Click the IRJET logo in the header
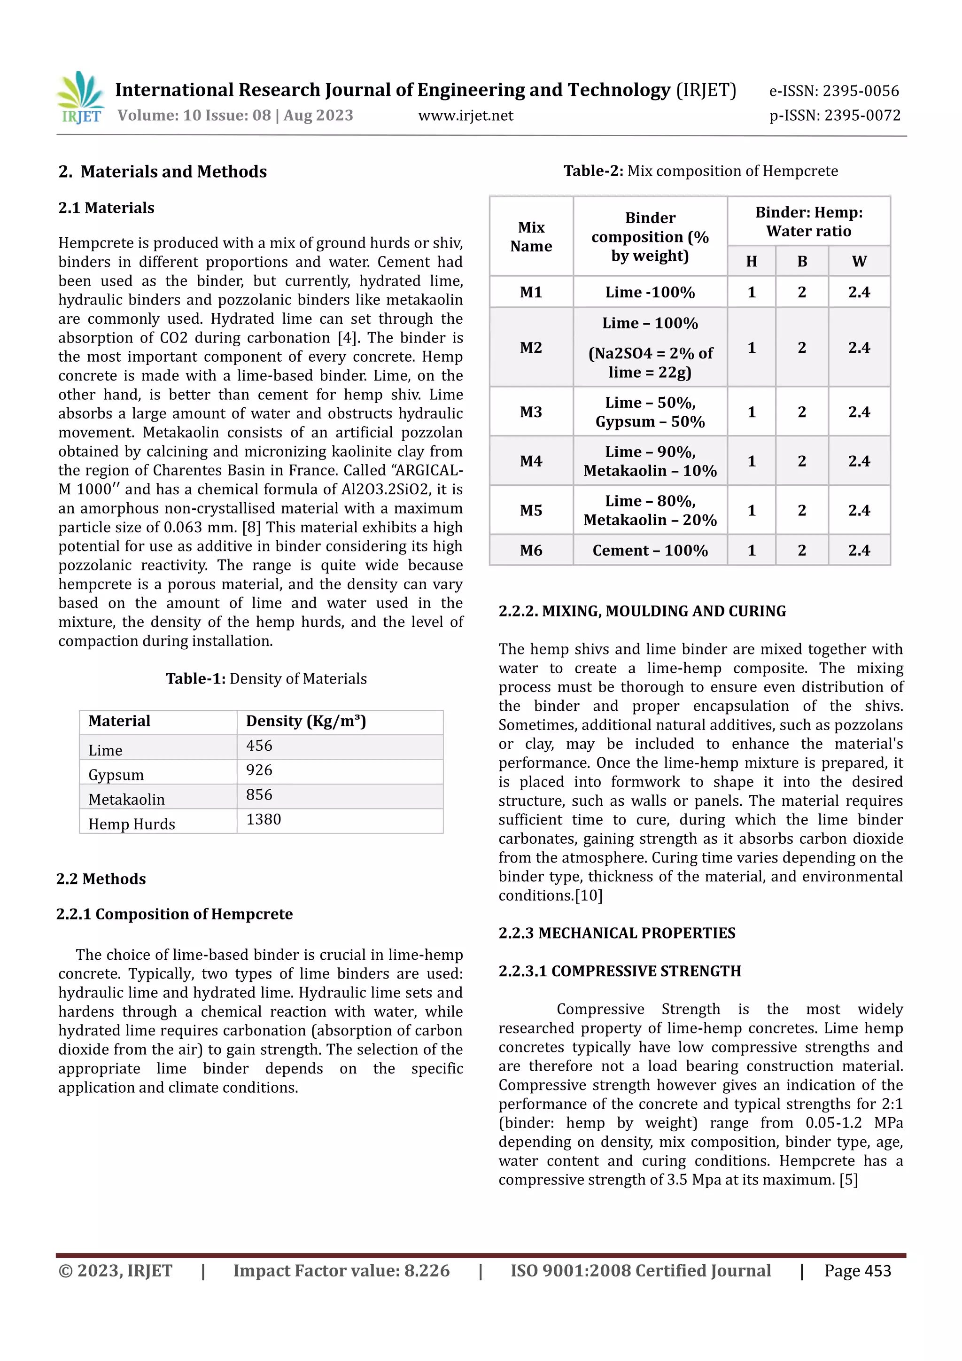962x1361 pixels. [81, 98]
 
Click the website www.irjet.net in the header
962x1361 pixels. [465, 116]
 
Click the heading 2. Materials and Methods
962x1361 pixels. [163, 172]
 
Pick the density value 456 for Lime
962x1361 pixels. [259, 746]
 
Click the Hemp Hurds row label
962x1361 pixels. [132, 824]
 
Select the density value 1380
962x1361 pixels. [263, 819]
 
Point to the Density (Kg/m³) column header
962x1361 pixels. [306, 721]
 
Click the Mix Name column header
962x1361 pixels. [531, 236]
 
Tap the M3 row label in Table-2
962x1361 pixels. [531, 412]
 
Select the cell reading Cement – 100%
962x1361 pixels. [650, 551]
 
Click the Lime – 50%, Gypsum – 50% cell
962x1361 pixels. [650, 412]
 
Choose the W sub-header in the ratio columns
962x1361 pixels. [859, 261]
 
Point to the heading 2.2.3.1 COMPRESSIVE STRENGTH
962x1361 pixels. [620, 971]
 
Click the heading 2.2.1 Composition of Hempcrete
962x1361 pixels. [174, 914]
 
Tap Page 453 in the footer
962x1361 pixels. [857, 1271]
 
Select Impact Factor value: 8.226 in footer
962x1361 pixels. [341, 1271]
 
